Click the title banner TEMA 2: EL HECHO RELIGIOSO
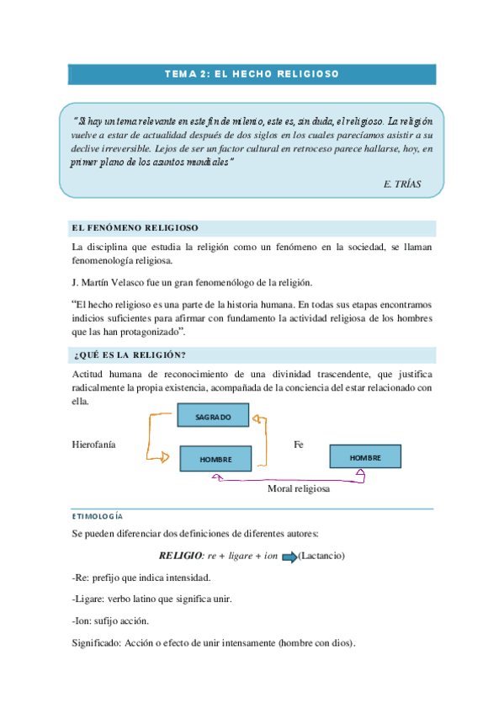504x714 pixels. (252, 74)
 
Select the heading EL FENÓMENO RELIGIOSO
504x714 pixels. (135, 228)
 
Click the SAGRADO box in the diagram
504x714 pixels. (214, 416)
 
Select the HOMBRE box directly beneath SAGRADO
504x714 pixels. (215, 460)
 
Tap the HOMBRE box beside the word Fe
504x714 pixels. (365, 457)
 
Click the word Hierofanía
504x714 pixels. (94, 444)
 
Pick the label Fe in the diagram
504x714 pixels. (298, 444)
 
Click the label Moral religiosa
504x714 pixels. (299, 488)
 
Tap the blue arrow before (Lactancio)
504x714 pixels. (289, 557)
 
